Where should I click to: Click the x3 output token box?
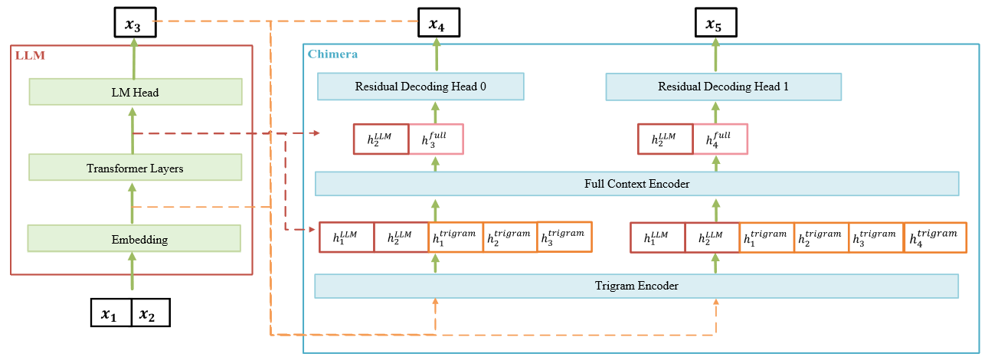133,25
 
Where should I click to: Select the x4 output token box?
436,25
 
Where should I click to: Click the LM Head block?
136,92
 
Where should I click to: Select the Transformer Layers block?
135,167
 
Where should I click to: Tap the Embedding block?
134,239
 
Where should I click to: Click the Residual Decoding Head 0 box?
420,87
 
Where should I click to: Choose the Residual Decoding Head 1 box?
723,87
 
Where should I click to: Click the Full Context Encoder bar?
636,184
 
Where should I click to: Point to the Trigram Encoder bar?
636,286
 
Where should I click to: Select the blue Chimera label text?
332,54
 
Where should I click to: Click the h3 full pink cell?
436,139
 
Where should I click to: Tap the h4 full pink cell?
720,139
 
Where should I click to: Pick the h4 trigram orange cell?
935,237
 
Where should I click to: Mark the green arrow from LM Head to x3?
133,58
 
